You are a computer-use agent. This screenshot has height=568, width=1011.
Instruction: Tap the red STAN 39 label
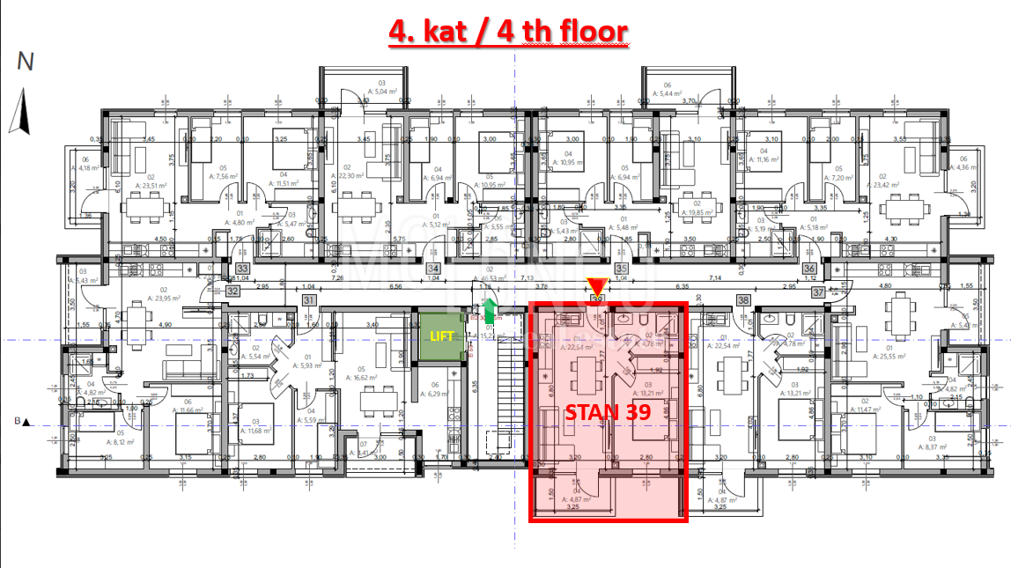coord(607,412)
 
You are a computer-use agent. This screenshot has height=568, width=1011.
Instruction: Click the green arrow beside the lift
coord(490,311)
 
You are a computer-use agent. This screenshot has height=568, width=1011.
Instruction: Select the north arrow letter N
coord(26,62)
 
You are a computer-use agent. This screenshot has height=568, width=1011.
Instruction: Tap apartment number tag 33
coord(242,269)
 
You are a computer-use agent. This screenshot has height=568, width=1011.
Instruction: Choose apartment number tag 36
coord(808,269)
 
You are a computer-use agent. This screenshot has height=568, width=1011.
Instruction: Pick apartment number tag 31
coord(309,300)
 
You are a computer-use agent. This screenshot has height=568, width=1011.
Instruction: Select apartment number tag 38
coord(744,300)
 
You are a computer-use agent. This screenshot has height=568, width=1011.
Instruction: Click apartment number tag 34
coord(432,269)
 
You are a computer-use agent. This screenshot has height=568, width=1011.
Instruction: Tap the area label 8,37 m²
coord(937,446)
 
